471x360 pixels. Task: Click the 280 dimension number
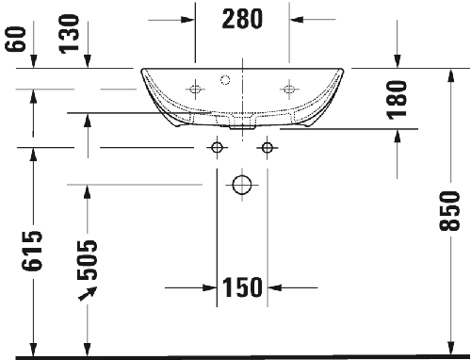pos(242,19)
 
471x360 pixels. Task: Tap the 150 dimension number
pos(242,287)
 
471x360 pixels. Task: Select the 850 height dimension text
pos(449,211)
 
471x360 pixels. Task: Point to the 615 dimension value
pos(31,251)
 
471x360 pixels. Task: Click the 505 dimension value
pos(88,260)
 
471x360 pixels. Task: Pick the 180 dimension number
pos(398,100)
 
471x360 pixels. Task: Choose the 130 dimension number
pos(69,34)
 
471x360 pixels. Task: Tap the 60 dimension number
pos(15,39)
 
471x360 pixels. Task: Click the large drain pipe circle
pos(242,185)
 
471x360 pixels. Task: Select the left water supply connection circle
pos(217,147)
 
